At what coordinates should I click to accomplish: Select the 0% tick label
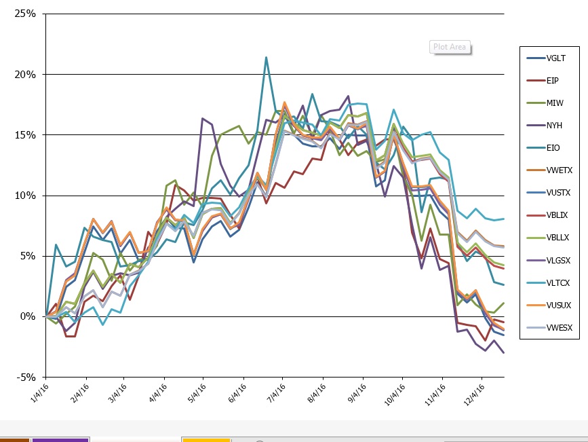point(28,316)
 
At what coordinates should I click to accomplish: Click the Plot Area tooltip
point(450,48)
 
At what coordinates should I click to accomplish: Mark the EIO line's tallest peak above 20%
point(266,58)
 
